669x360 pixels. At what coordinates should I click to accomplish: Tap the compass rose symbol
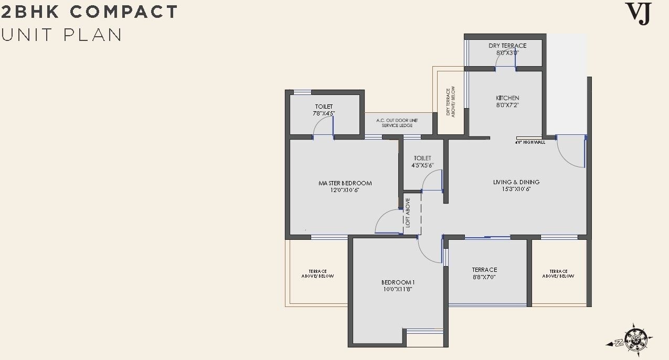(x=633, y=337)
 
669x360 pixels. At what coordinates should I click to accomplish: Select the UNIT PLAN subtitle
(x=61, y=35)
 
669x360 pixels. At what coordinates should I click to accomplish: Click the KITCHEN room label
(x=507, y=98)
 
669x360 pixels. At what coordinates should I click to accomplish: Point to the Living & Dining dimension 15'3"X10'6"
(x=516, y=189)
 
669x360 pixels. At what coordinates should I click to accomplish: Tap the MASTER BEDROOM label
(x=345, y=183)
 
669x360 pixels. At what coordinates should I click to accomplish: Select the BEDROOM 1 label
(x=398, y=282)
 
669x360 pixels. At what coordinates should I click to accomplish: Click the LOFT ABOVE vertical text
(x=408, y=213)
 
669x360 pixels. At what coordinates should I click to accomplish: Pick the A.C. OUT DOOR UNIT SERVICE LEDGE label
(x=397, y=123)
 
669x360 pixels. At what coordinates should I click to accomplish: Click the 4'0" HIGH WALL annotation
(x=530, y=142)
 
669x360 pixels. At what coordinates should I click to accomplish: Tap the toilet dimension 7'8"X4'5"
(x=324, y=113)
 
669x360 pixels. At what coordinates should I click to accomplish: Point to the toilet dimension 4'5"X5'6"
(x=422, y=165)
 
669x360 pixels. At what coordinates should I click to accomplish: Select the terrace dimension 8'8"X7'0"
(x=484, y=277)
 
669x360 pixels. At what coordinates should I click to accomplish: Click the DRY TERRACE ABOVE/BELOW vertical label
(x=450, y=101)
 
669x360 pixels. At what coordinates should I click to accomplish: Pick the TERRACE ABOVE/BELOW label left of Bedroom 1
(x=317, y=273)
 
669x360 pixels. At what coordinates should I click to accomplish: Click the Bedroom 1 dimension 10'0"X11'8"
(x=398, y=289)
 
